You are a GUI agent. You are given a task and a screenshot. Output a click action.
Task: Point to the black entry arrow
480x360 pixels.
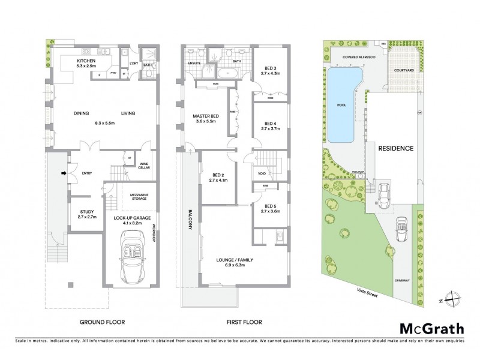64,175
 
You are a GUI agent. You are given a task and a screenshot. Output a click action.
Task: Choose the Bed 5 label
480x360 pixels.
268,207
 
